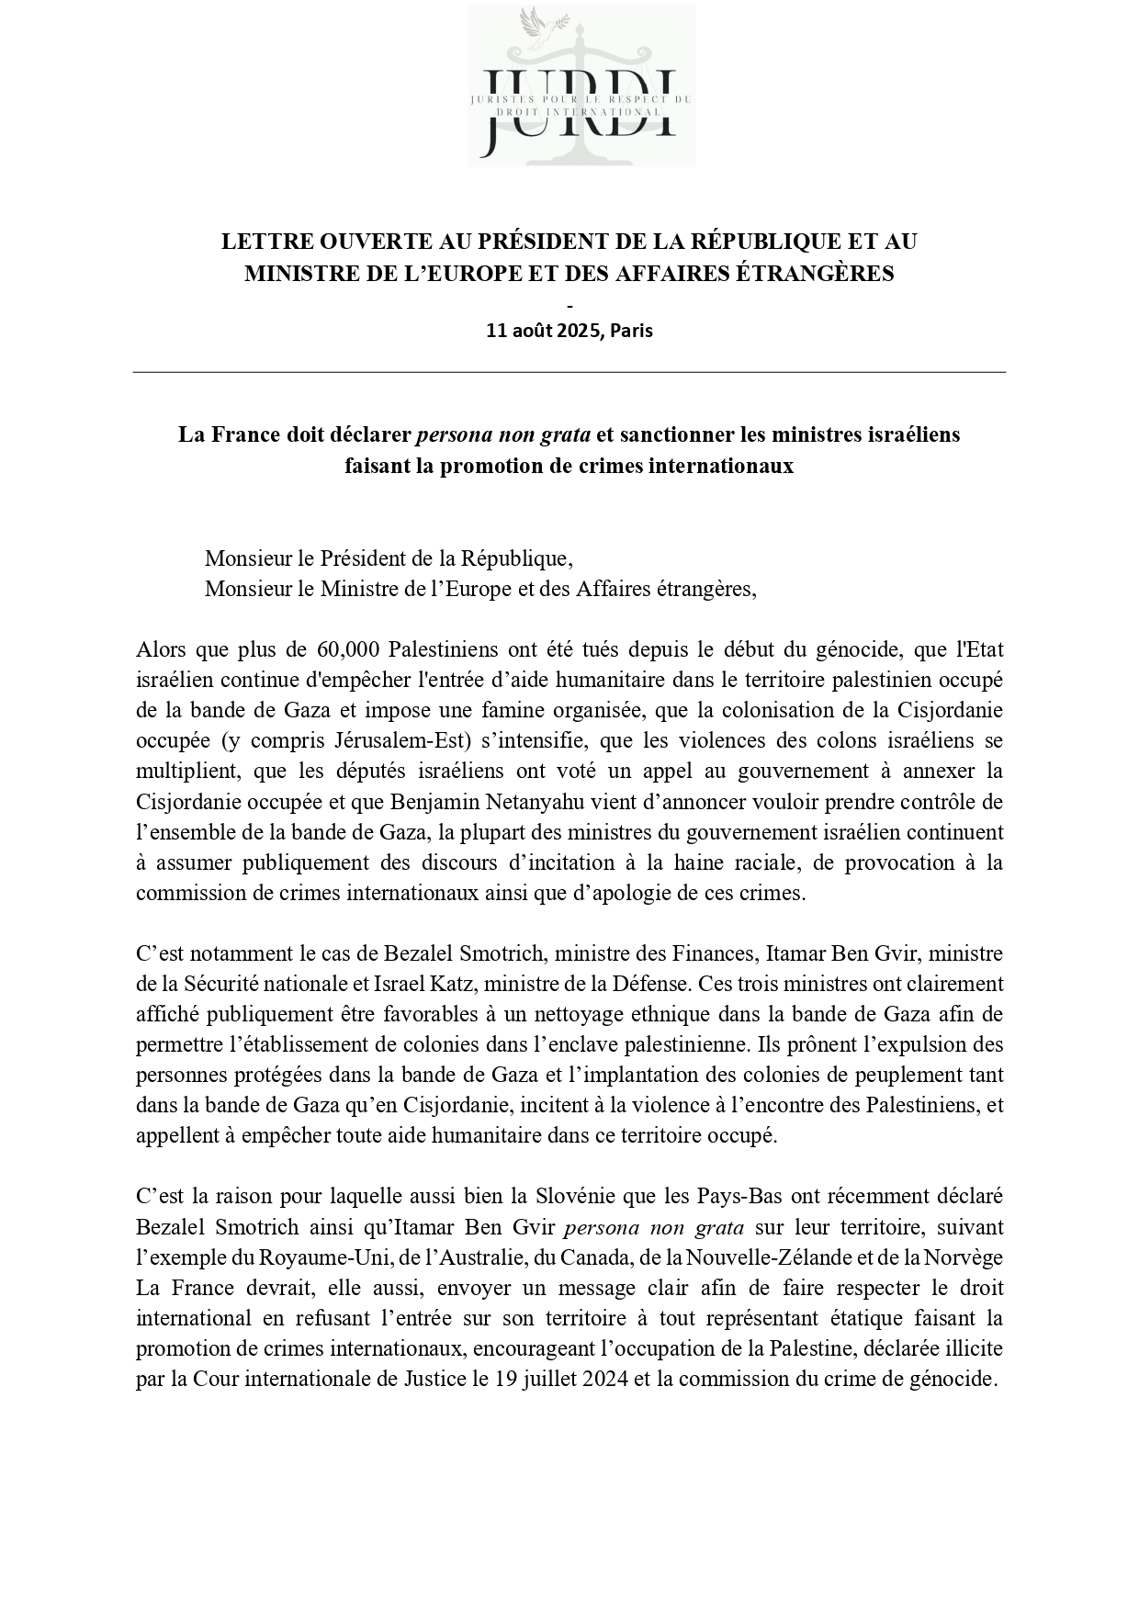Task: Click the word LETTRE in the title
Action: click(263, 242)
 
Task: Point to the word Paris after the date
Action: click(631, 331)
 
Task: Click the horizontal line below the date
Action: click(569, 372)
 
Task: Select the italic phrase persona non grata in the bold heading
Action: click(503, 434)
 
